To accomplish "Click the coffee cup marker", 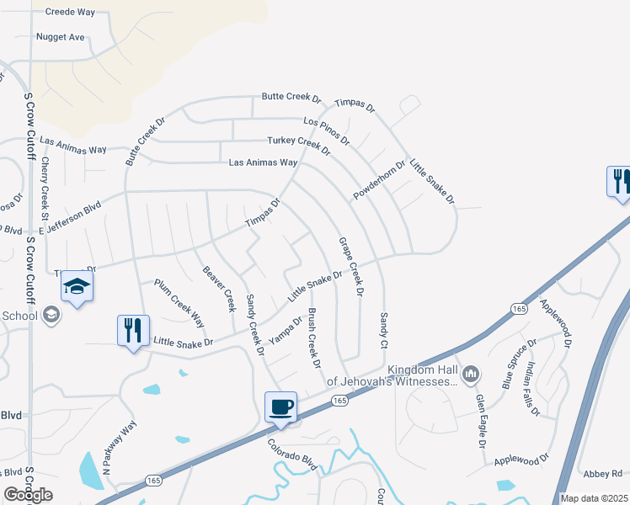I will (x=281, y=407).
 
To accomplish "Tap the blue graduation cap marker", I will (x=77, y=288).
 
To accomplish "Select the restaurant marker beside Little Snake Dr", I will (x=133, y=330).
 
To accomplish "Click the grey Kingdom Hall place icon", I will (x=470, y=372).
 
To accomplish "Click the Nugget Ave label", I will (x=61, y=37).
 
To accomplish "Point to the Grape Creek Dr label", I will (x=350, y=266).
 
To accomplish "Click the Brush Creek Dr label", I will (x=314, y=338).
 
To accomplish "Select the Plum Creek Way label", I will (x=179, y=303).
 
